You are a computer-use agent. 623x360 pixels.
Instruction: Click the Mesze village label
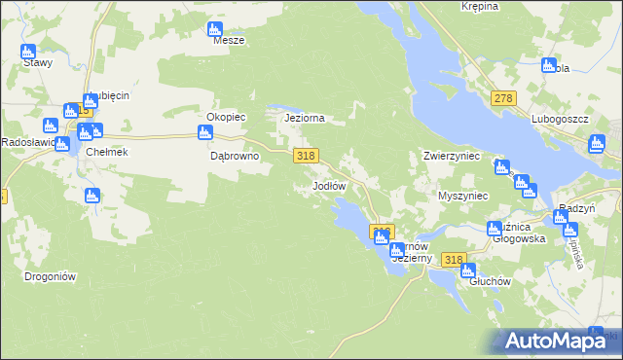coord(229,41)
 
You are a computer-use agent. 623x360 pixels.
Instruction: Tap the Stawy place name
coord(38,62)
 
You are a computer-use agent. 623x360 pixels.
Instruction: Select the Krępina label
coord(480,6)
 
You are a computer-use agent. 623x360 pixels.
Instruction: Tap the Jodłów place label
coord(329,185)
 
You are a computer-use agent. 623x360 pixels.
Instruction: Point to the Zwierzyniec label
coord(453,156)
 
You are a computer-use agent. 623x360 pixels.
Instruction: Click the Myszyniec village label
coord(462,196)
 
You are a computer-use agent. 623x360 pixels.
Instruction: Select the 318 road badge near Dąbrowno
coord(306,156)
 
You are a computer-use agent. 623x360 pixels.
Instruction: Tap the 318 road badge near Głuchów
coord(453,260)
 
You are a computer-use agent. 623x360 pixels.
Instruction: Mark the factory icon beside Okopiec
coord(204,132)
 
